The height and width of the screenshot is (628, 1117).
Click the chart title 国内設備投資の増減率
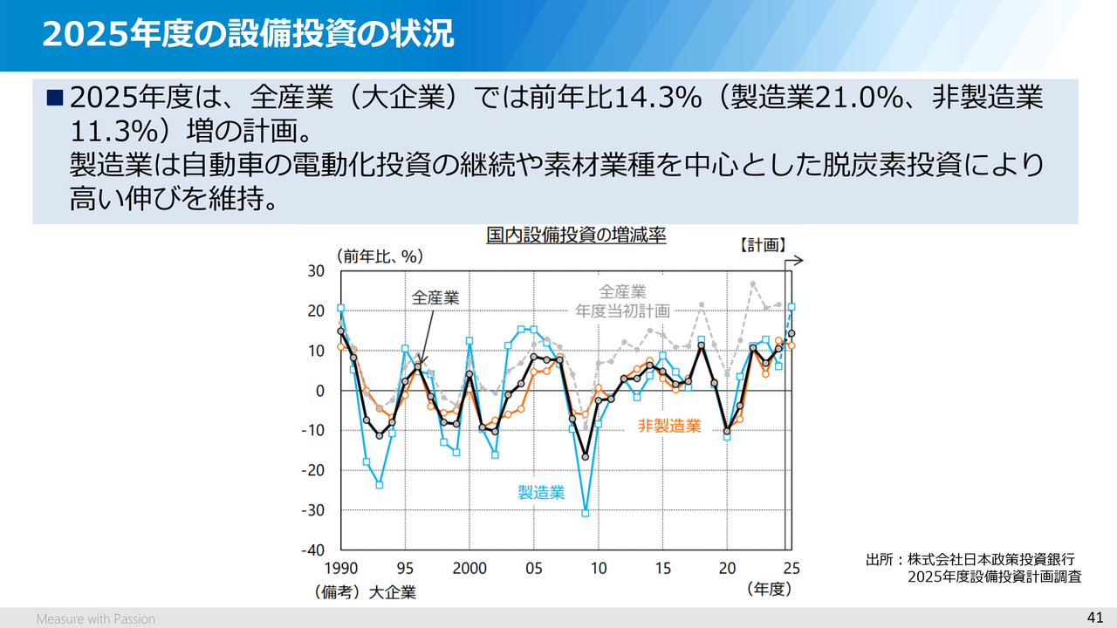[x=576, y=235]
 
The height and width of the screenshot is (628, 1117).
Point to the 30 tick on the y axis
[x=316, y=271]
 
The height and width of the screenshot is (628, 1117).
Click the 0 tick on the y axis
[x=319, y=391]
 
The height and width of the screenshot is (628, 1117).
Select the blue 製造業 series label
[x=541, y=493]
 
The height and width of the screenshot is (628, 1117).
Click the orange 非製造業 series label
[x=669, y=426]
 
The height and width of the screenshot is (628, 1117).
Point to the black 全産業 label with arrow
[x=435, y=297]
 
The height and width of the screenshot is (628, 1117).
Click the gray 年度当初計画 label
[x=622, y=311]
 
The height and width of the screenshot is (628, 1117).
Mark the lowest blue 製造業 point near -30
[x=586, y=513]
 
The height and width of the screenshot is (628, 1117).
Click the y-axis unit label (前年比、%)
[x=380, y=256]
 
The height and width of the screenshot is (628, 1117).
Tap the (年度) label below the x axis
[x=769, y=590]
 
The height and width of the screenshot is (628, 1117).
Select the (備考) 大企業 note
[x=366, y=592]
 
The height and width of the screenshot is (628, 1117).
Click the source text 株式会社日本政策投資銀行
[x=990, y=559]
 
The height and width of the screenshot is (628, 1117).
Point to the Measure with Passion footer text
[x=96, y=618]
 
